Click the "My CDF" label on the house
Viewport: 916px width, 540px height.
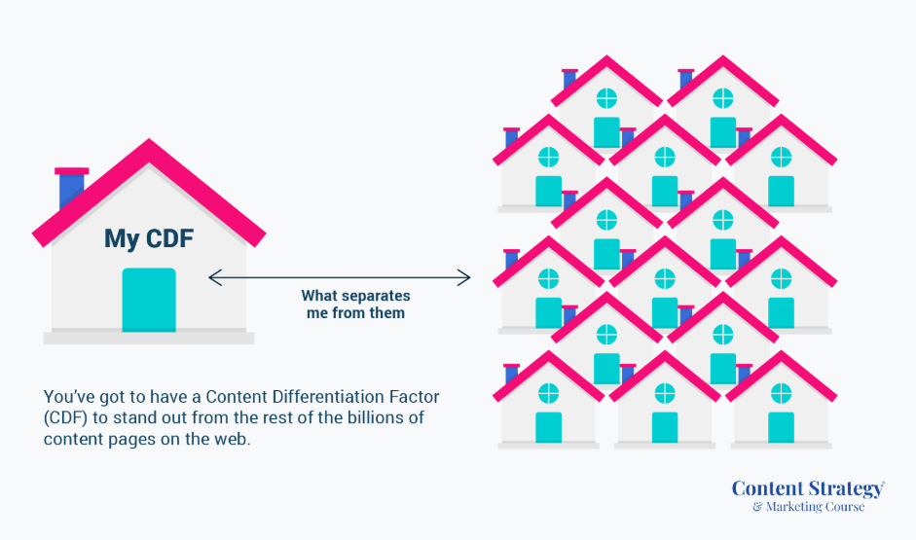pyautogui.click(x=149, y=238)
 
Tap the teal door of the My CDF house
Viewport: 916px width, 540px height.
pyautogui.click(x=149, y=300)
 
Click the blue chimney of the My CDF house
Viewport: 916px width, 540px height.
pyautogui.click(x=71, y=188)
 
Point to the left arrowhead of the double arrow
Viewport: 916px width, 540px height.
pyautogui.click(x=215, y=278)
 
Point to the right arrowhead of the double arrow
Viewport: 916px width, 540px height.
pyautogui.click(x=464, y=278)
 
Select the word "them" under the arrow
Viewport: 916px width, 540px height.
pyautogui.click(x=386, y=313)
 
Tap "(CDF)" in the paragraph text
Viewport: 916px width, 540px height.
pyautogui.click(x=65, y=418)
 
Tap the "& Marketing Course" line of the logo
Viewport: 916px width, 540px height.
pyautogui.click(x=809, y=507)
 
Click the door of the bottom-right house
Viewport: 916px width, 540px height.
pyautogui.click(x=781, y=427)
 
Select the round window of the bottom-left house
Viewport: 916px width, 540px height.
pyautogui.click(x=548, y=394)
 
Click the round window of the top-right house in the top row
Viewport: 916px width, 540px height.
pyautogui.click(x=722, y=98)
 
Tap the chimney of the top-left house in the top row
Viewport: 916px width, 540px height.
pyautogui.click(x=569, y=79)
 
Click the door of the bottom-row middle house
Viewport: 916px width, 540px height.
pyautogui.click(x=665, y=427)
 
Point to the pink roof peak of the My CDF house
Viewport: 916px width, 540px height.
pyautogui.click(x=150, y=140)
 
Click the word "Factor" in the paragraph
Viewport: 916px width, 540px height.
pyautogui.click(x=414, y=397)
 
